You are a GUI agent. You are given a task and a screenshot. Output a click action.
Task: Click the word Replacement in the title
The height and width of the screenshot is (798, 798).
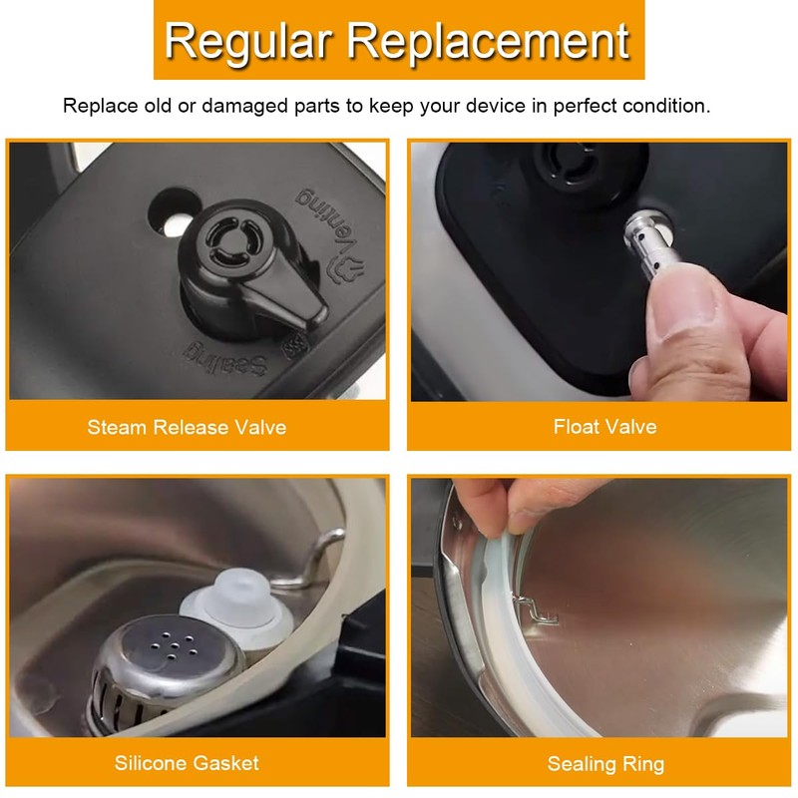point(490,41)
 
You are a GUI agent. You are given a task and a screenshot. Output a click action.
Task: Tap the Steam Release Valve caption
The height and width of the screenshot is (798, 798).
point(187,427)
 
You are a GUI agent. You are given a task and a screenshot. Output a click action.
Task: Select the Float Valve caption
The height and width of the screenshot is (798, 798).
point(604,426)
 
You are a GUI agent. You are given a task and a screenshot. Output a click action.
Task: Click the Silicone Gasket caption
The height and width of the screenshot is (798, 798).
point(187,763)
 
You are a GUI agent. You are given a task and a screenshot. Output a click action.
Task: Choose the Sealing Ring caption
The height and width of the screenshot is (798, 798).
point(604,764)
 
